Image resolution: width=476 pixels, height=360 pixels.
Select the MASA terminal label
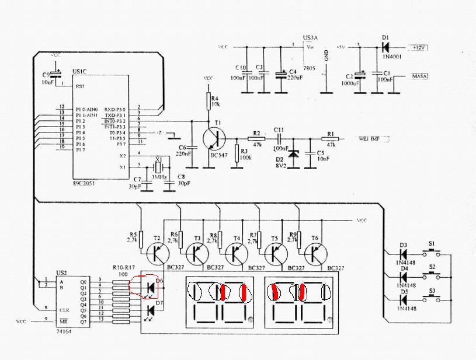[421, 76]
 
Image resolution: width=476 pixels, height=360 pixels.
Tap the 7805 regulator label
[309, 68]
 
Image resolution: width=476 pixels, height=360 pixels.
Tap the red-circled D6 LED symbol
[150, 287]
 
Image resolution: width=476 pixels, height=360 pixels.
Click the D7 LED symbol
[150, 310]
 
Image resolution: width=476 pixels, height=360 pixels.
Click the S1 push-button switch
[432, 253]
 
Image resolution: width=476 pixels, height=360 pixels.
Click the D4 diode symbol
[403, 277]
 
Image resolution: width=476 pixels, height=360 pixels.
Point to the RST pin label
[80, 86]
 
